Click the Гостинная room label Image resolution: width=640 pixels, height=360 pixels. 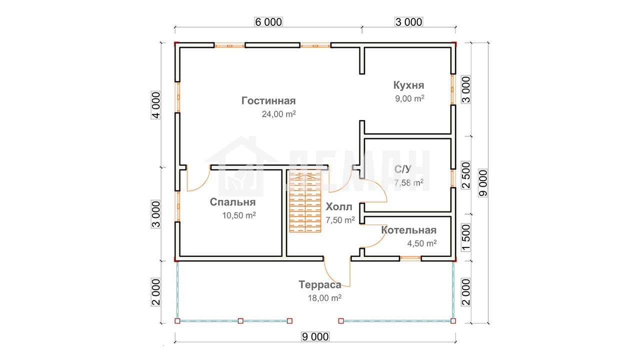[268, 101]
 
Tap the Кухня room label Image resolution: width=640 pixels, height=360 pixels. [408, 85]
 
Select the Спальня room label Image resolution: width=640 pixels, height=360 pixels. [232, 202]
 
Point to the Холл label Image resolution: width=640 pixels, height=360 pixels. [339, 206]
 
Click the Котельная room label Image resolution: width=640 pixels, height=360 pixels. [409, 230]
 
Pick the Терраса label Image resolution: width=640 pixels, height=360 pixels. [320, 284]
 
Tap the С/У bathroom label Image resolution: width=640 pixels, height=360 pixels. [403, 169]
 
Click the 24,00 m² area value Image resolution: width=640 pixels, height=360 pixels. [279, 114]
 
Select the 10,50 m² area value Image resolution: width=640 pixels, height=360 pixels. [239, 215]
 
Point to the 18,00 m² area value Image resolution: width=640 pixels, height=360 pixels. [324, 298]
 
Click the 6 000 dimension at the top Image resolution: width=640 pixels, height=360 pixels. [268, 22]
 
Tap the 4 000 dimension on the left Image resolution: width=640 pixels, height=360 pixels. [156, 105]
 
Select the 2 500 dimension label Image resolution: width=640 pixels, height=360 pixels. [466, 175]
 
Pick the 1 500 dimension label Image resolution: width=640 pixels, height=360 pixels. [466, 237]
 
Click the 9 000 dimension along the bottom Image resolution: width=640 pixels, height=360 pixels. [315, 336]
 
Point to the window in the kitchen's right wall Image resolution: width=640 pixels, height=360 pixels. [452, 89]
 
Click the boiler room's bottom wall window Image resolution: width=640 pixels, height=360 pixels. [410, 258]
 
